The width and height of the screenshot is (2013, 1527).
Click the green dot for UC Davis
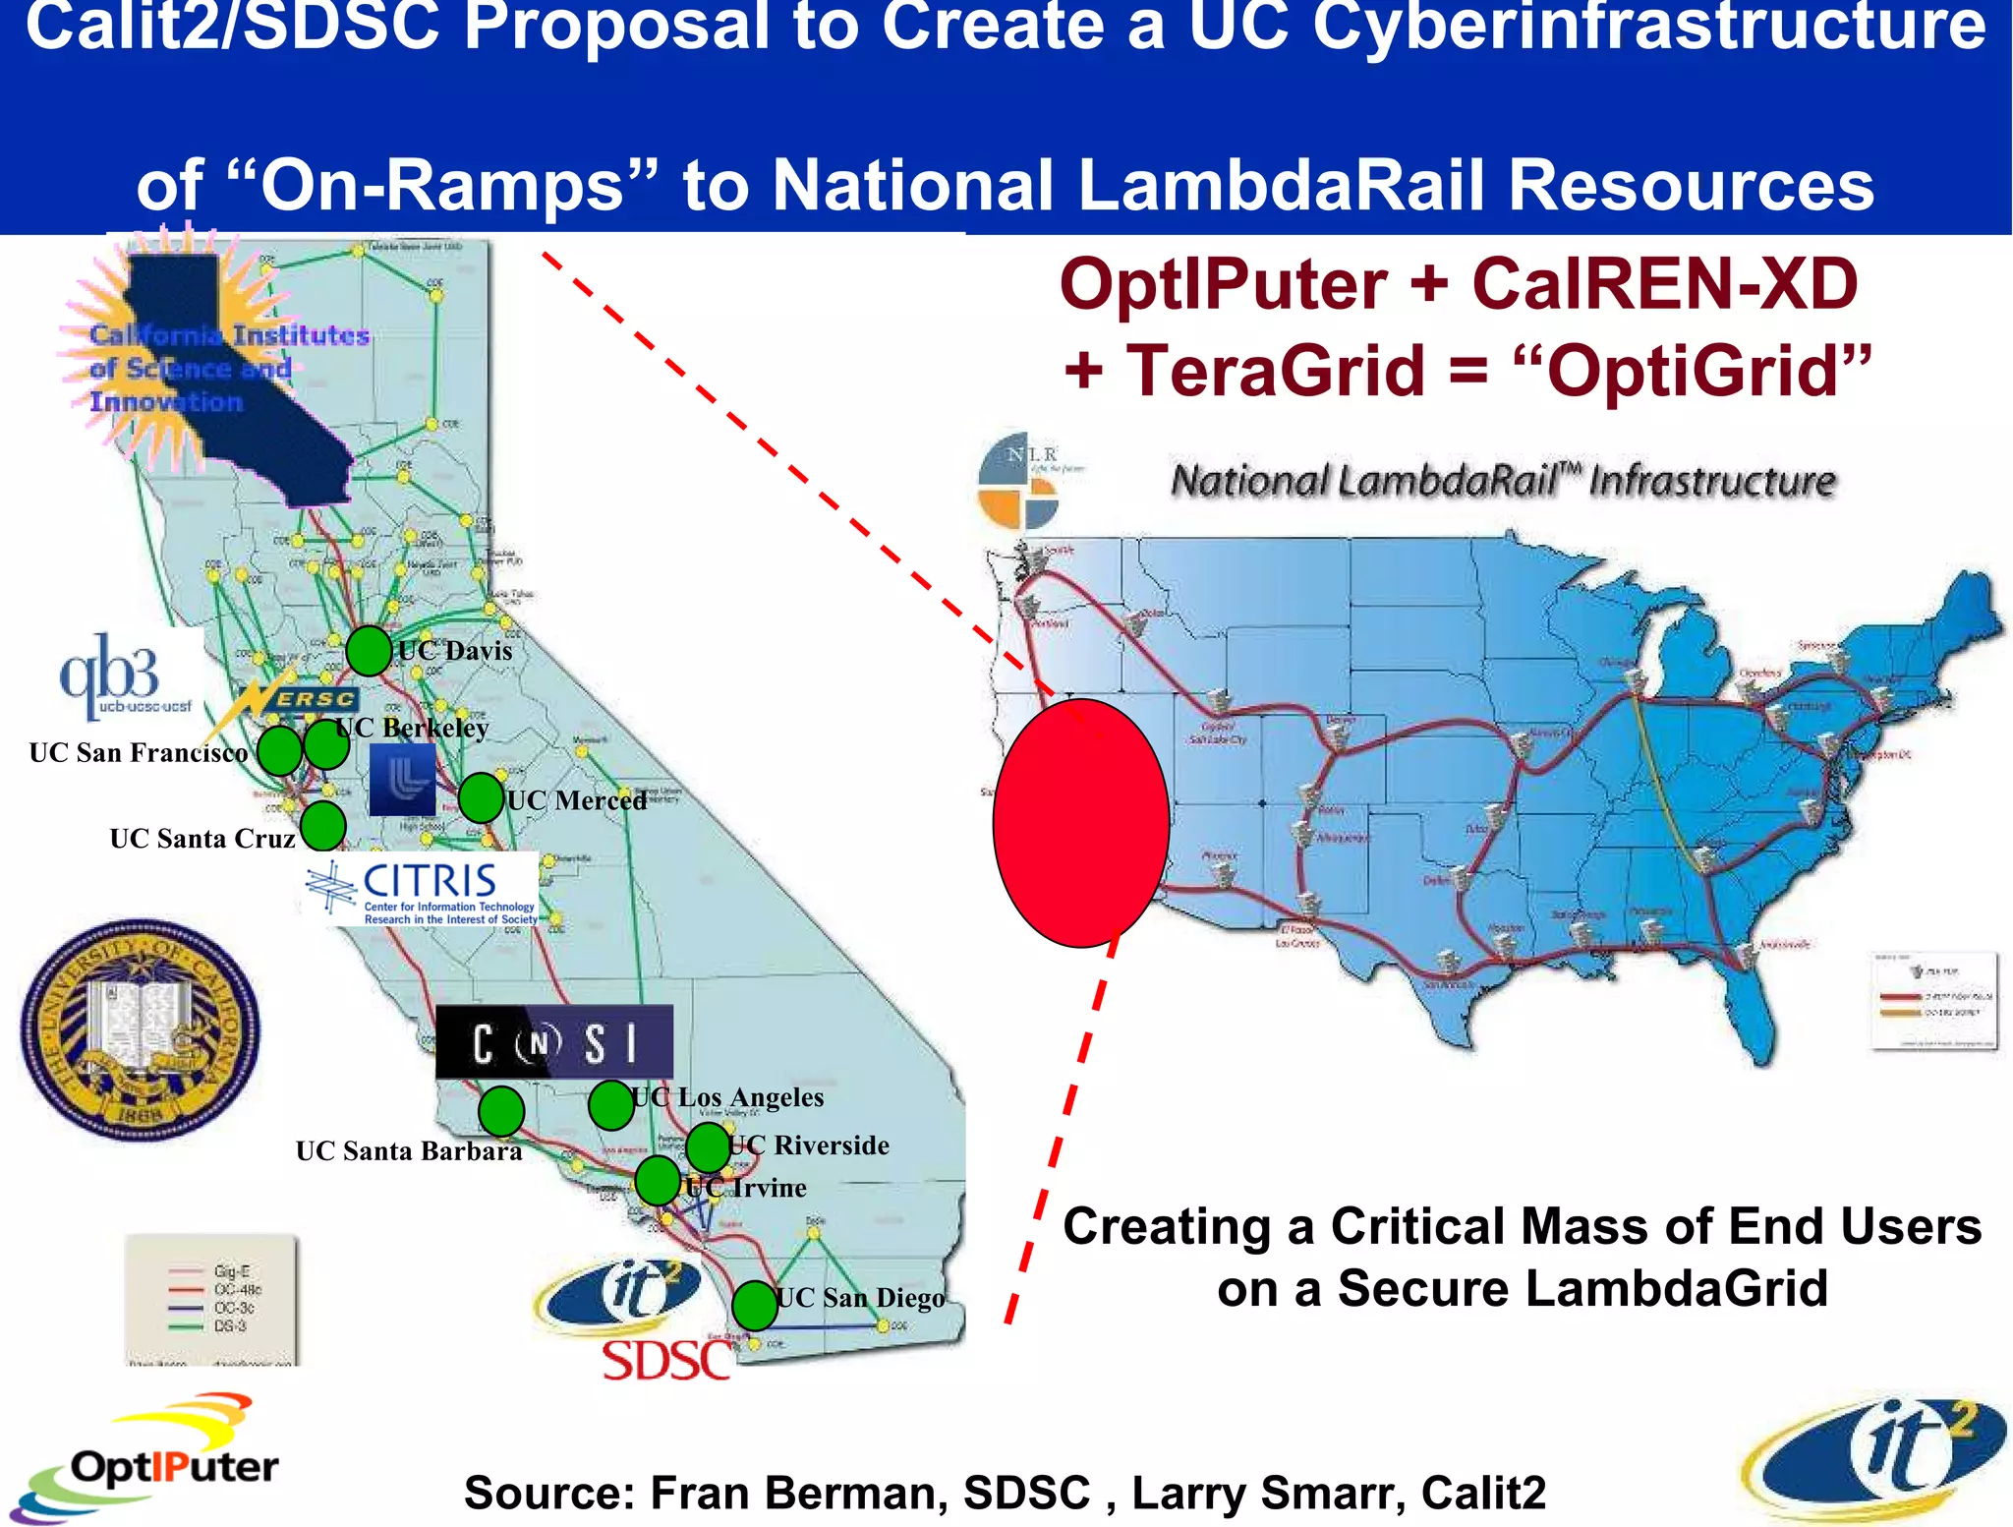point(369,650)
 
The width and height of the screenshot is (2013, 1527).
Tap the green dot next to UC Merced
point(481,797)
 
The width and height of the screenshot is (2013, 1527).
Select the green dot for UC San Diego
point(755,1305)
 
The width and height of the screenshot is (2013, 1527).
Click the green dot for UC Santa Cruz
point(322,826)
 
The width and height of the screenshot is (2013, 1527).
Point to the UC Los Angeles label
point(727,1097)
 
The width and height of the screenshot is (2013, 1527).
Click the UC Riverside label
point(808,1145)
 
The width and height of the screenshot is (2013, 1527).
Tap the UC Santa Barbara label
point(409,1151)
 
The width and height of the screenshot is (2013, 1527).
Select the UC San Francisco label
point(139,753)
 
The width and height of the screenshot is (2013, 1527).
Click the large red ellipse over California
point(1081,822)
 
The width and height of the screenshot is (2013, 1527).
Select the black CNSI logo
point(554,1042)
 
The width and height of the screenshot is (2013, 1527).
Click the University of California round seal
point(141,1029)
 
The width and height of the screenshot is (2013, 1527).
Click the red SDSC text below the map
point(665,1362)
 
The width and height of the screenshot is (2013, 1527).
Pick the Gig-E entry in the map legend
point(231,1270)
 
